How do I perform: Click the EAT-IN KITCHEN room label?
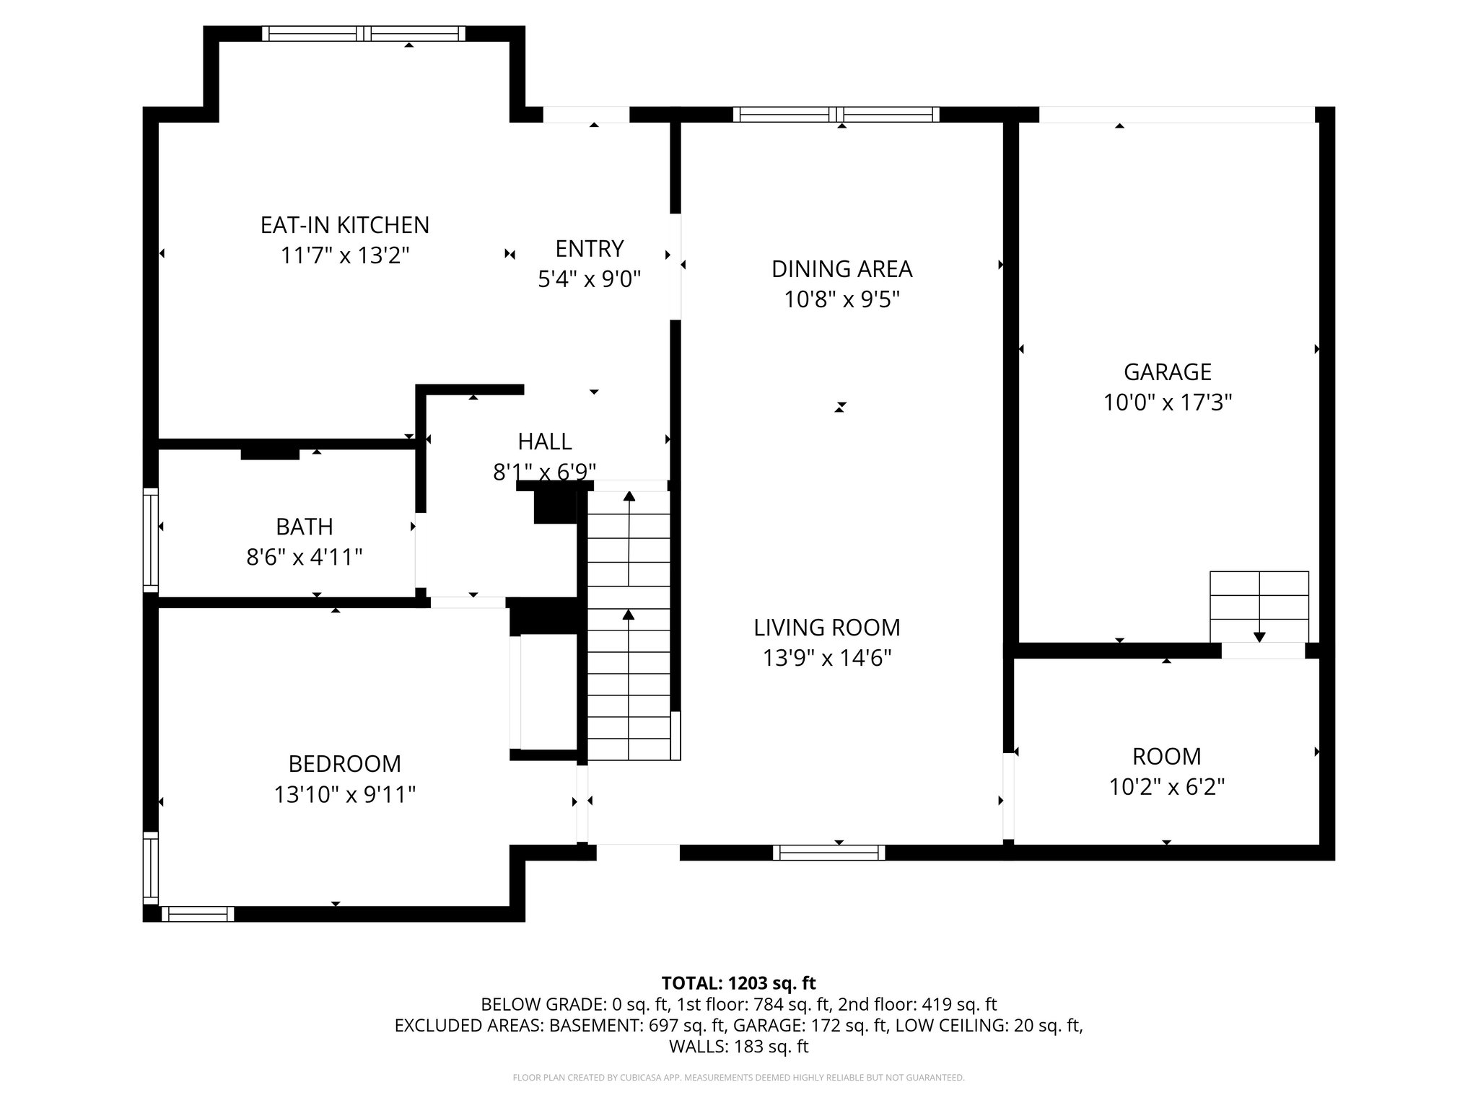tap(344, 225)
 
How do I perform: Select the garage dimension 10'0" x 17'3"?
tap(1167, 403)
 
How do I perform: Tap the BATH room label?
tap(305, 527)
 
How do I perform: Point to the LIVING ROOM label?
tap(827, 628)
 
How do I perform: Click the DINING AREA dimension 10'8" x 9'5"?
tap(841, 299)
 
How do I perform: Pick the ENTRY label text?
tap(589, 249)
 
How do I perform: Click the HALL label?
tap(544, 441)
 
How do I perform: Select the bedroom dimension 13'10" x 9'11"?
tap(344, 795)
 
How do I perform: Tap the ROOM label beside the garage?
tap(1166, 757)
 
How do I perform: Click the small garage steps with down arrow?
tap(1259, 606)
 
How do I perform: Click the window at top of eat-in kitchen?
tap(363, 33)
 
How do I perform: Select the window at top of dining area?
tap(836, 114)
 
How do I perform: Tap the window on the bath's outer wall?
tap(150, 540)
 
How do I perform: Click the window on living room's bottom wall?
tap(828, 853)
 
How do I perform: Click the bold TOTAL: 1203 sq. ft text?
tap(738, 983)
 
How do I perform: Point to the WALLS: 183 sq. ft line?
tap(738, 1047)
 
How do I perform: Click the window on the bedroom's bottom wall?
tap(197, 914)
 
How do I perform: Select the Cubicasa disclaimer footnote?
tap(738, 1078)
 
